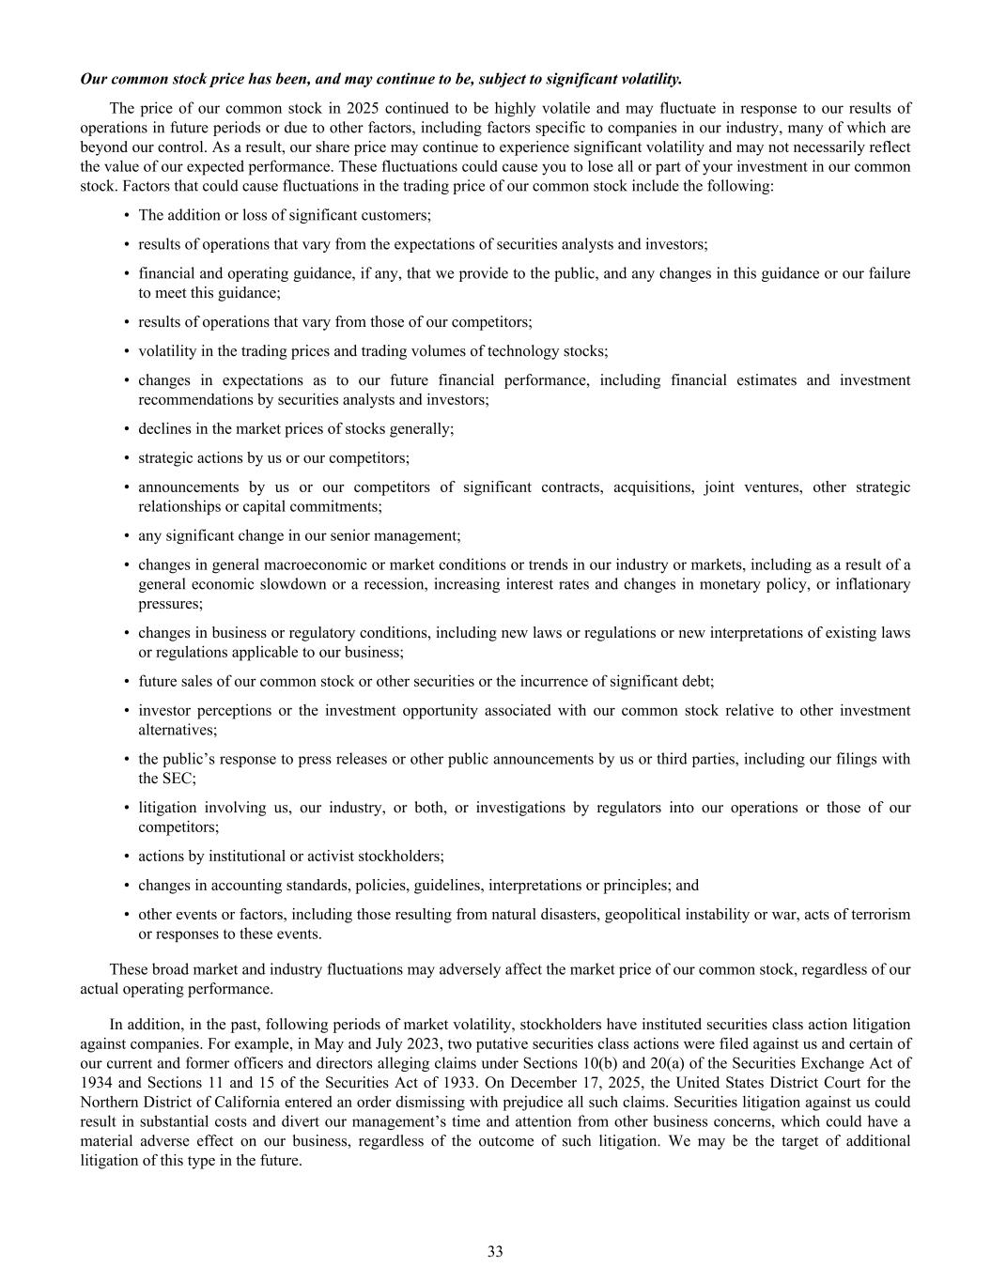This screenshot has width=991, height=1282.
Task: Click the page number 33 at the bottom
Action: (495, 1251)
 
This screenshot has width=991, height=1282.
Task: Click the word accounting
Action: (235, 886)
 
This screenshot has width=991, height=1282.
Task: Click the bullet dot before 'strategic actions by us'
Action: (126, 458)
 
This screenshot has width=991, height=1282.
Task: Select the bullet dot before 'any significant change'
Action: (126, 536)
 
